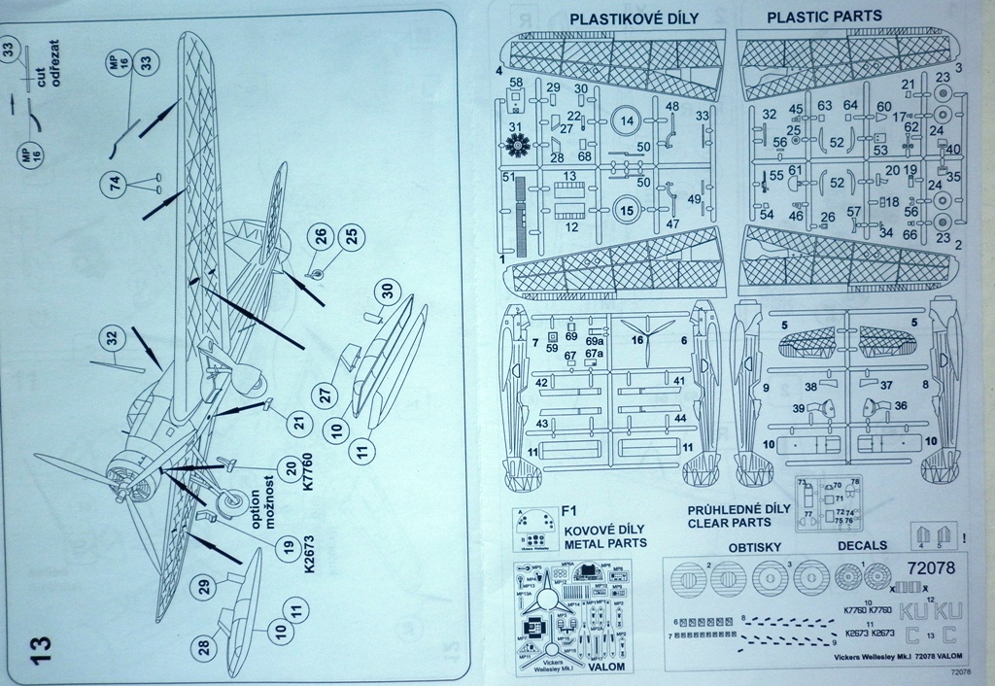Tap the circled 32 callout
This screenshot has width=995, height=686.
click(113, 339)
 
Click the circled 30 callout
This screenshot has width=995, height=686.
click(387, 290)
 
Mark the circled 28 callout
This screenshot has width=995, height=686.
click(203, 647)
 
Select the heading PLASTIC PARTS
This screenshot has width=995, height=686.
click(824, 17)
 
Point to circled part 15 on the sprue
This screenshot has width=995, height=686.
click(628, 208)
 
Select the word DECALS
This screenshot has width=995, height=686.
click(863, 547)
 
